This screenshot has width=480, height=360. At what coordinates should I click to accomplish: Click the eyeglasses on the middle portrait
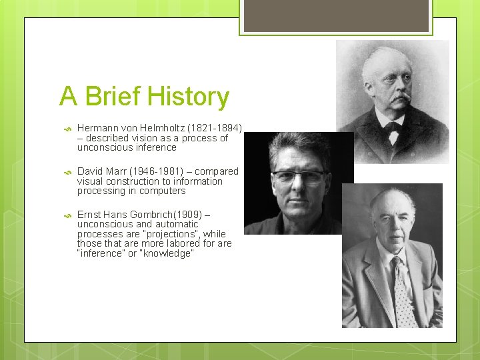tap(297, 177)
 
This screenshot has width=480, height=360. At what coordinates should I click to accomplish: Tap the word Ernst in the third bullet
tap(90, 215)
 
